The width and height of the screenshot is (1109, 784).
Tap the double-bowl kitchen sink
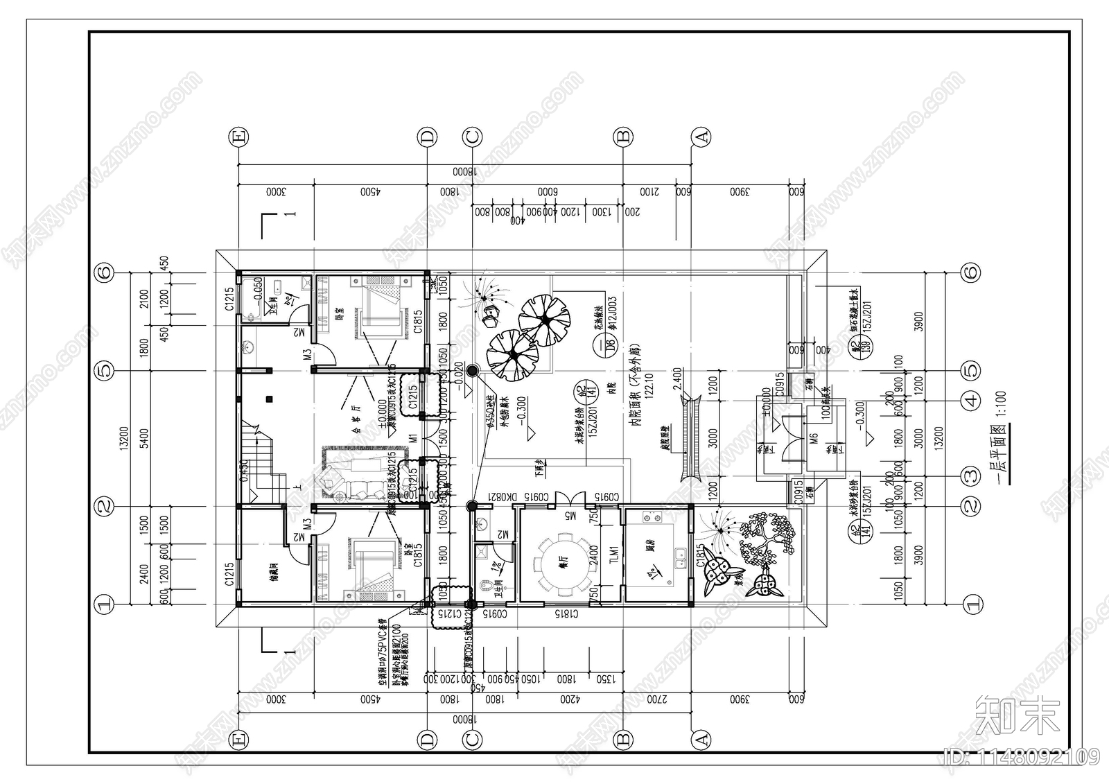(683, 555)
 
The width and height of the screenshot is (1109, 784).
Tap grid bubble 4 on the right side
(972, 400)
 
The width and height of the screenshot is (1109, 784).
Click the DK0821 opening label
(500, 497)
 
